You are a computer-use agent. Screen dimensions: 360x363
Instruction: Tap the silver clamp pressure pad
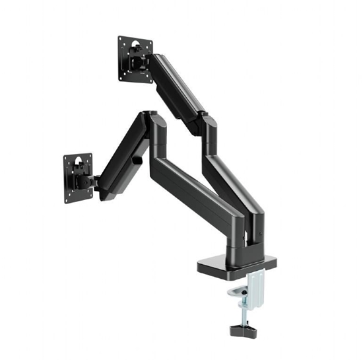pos(236,293)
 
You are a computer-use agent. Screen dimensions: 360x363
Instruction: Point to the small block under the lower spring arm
pos(137,160)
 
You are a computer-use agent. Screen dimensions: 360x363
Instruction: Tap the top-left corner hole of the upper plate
pos(121,40)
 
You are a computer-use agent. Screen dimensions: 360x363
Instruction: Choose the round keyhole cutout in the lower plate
pos(79,161)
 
